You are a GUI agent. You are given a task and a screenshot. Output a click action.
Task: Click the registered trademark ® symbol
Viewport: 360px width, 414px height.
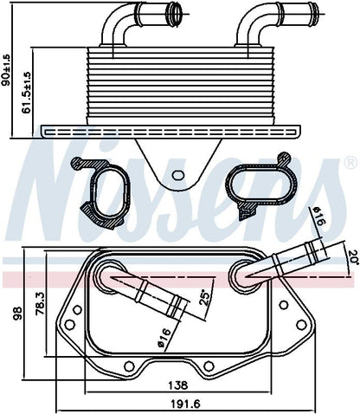pos(350,162)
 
